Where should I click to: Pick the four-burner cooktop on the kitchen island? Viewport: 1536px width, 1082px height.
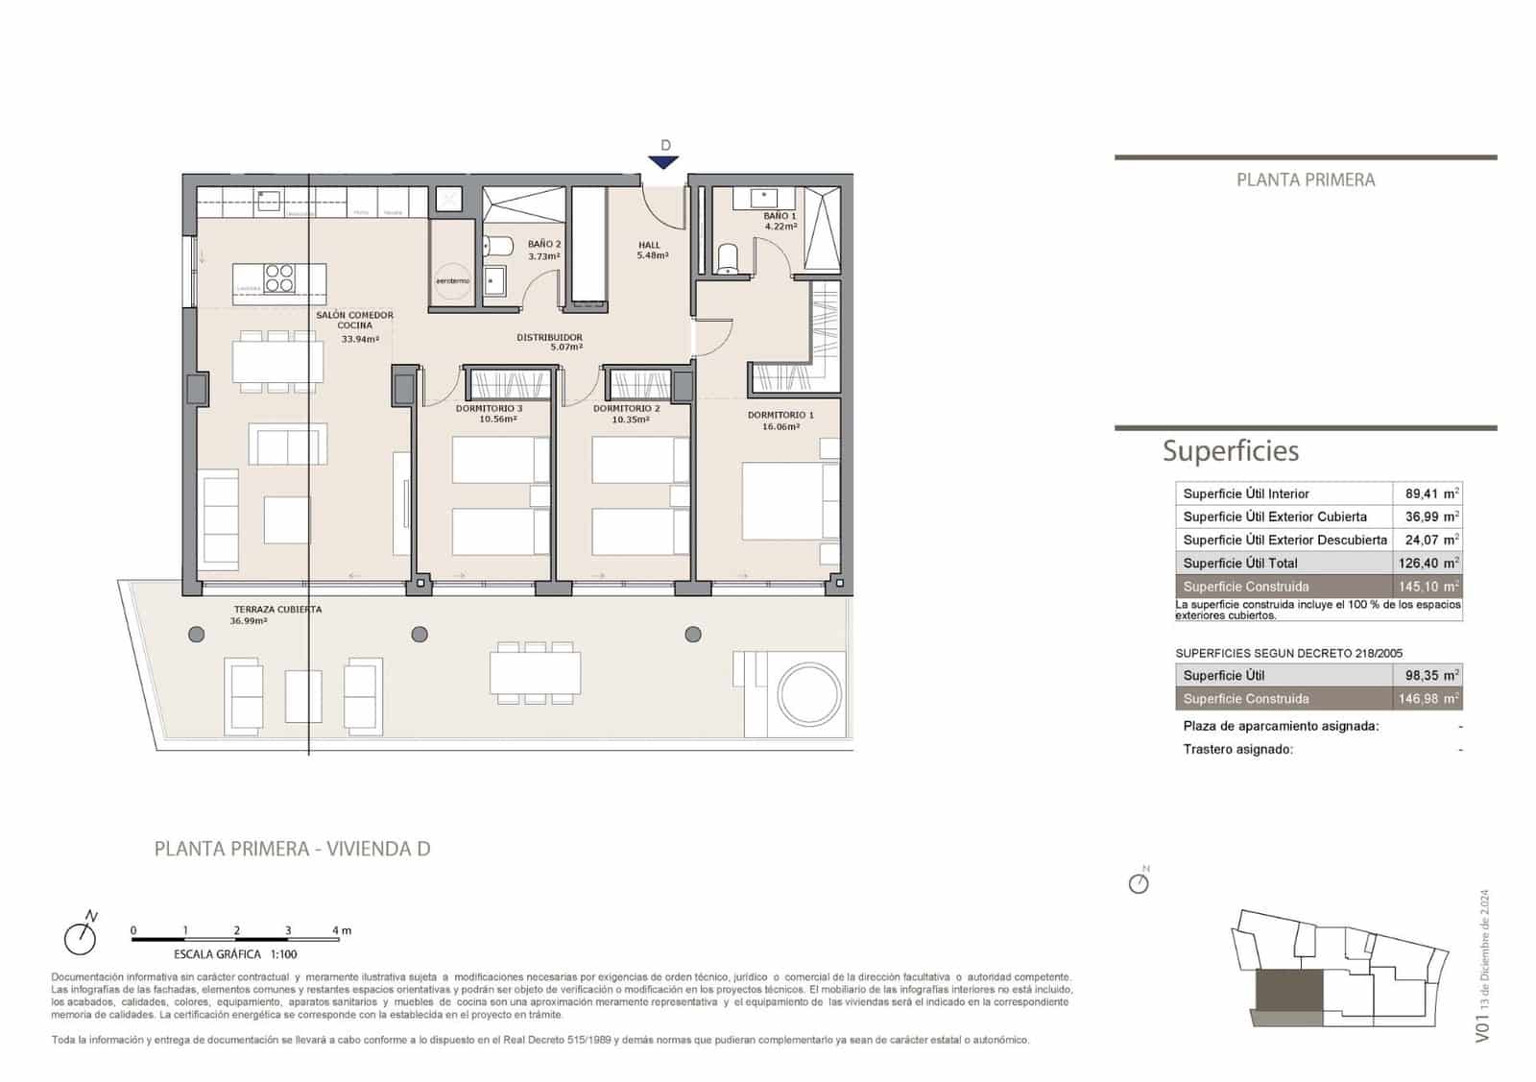(279, 277)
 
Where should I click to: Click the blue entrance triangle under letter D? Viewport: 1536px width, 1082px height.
(664, 162)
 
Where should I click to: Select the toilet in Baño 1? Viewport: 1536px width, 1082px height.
(728, 258)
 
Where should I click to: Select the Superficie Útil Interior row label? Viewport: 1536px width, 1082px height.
(1245, 493)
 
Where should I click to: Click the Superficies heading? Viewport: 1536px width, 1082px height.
(1230, 450)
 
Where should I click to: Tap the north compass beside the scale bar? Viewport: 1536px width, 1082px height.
(82, 935)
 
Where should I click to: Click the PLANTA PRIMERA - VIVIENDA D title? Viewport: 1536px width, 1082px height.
(292, 849)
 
